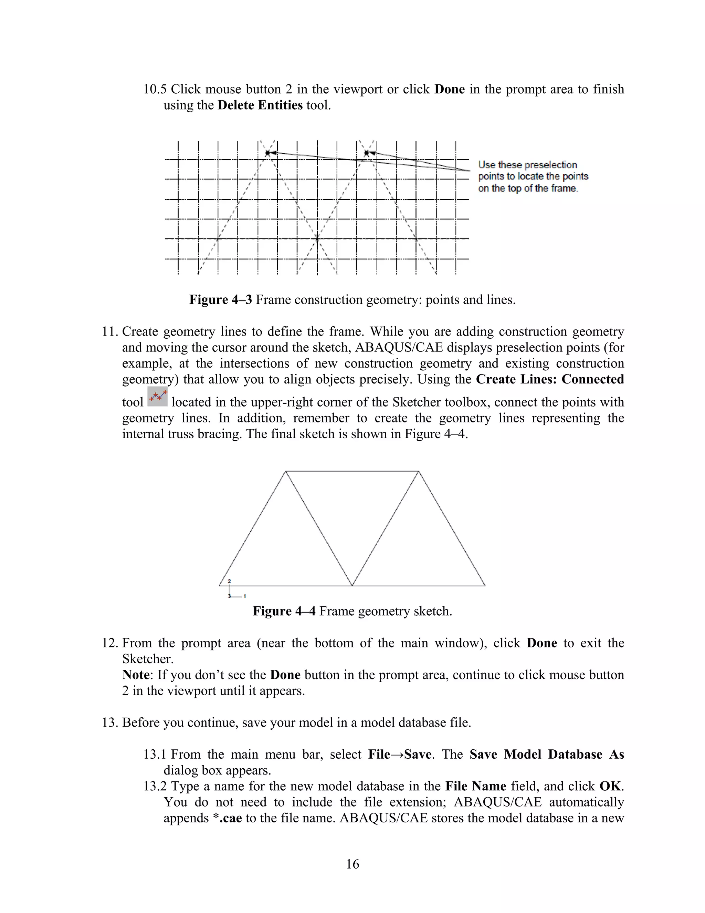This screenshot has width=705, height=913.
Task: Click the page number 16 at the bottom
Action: pos(352,864)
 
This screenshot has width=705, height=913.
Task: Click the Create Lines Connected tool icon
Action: pos(157,397)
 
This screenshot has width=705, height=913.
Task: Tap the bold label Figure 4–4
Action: pos(284,611)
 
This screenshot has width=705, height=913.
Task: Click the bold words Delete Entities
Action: pos(260,105)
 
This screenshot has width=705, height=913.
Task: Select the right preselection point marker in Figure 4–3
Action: pos(367,153)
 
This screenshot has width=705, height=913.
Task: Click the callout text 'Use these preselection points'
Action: pos(527,165)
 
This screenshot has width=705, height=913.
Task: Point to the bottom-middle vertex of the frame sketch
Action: pos(352,585)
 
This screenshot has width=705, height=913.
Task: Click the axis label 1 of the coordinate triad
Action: pos(245,596)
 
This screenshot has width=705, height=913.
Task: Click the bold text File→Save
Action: pos(399,754)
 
